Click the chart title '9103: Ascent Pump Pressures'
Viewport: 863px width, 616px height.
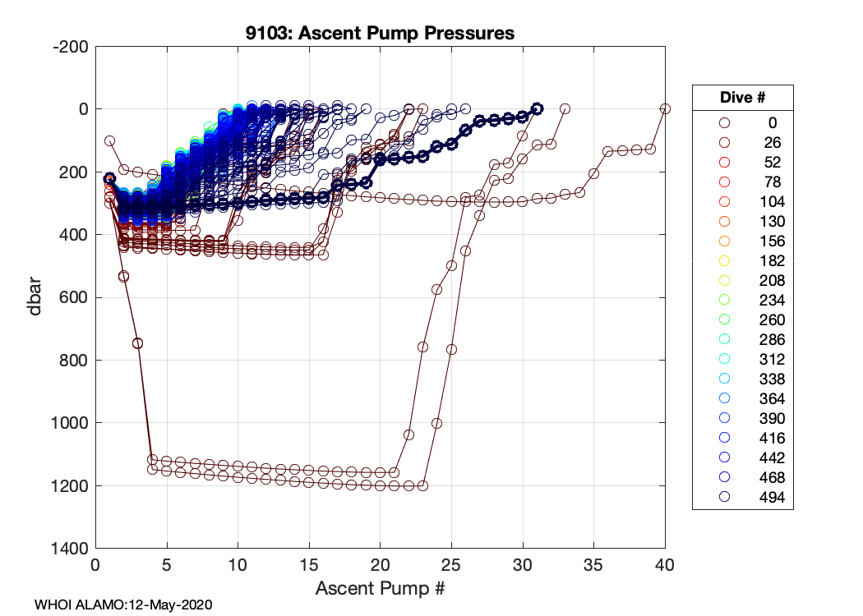[381, 34]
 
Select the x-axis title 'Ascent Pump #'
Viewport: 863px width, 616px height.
[381, 588]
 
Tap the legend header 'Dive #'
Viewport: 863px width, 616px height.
[742, 97]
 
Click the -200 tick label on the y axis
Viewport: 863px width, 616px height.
[72, 47]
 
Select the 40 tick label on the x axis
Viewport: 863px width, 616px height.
[665, 565]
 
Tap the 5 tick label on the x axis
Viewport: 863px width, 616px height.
[167, 565]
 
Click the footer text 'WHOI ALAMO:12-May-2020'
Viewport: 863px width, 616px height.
[123, 605]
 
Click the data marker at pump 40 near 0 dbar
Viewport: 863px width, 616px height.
[665, 108]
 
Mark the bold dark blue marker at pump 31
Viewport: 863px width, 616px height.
[537, 108]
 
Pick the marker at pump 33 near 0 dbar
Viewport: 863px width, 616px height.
[565, 108]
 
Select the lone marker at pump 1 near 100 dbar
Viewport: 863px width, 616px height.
[109, 141]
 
